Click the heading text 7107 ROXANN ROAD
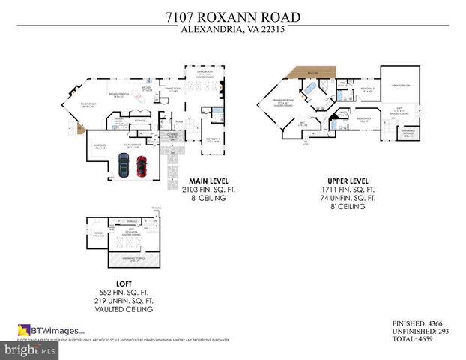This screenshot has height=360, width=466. pyautogui.click(x=232, y=16)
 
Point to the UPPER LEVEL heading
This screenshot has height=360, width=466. pyautogui.click(x=349, y=181)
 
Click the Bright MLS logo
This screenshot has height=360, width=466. pyautogui.click(x=30, y=349)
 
